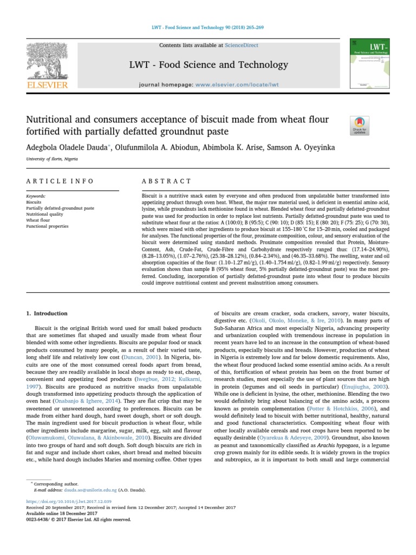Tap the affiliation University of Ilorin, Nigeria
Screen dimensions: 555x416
[x=51, y=159]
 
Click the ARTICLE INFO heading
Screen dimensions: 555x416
[x=60, y=181]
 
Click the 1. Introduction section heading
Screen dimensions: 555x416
[x=47, y=313]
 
